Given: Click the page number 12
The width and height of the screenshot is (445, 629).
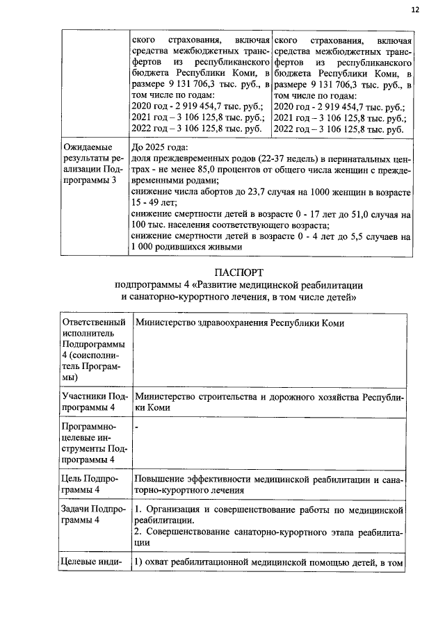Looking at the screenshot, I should coord(416,10).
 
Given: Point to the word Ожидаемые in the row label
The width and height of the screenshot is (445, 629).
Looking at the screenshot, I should coord(86,148).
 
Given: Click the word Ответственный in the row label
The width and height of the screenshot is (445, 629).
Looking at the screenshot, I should coord(94,323).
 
